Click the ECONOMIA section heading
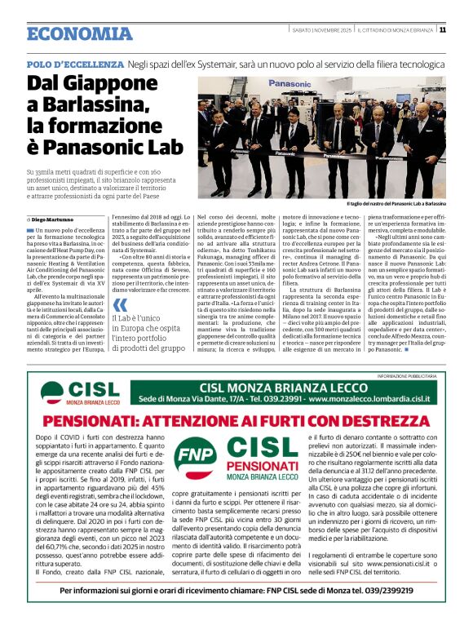(x=79, y=33)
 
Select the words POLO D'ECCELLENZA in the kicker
(x=74, y=64)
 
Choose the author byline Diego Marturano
(x=55, y=220)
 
